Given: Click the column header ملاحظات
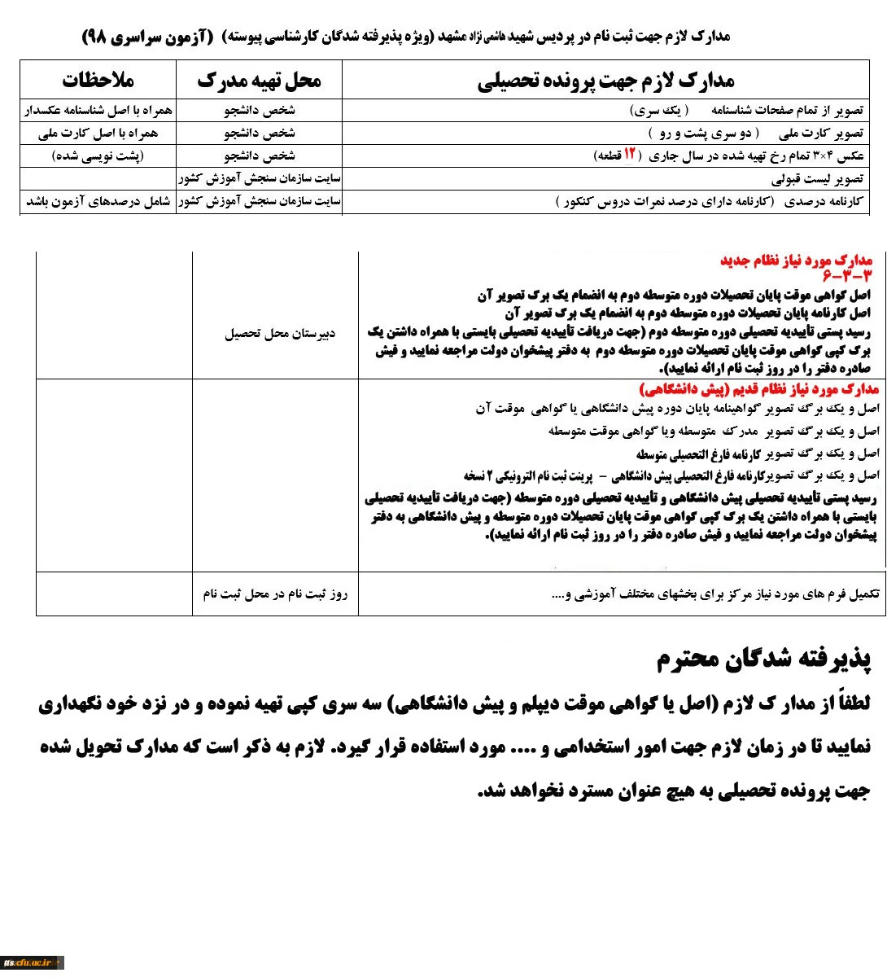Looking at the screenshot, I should [x=98, y=80].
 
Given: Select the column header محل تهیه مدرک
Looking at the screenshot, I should [x=259, y=80].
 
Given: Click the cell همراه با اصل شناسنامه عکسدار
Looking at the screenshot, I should [x=98, y=110].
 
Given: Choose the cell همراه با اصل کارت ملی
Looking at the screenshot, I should [x=98, y=133].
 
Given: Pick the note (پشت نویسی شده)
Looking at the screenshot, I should [x=98, y=156].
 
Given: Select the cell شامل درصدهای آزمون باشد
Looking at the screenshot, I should [x=98, y=201].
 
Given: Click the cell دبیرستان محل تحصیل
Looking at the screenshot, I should [x=280, y=334].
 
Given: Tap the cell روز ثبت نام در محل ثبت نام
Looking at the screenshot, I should [x=275, y=594].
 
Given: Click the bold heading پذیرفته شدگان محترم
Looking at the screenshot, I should [x=764, y=659].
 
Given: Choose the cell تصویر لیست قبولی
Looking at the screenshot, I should [x=818, y=178].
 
